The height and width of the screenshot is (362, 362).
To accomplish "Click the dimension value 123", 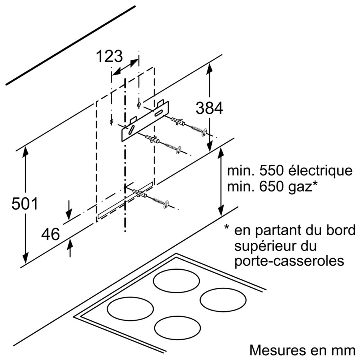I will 109,56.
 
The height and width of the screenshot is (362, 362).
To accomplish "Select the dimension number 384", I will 209,108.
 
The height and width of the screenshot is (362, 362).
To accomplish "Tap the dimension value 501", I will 25,204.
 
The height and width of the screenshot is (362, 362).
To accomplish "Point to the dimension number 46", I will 50,235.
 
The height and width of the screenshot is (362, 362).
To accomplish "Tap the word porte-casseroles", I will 289,261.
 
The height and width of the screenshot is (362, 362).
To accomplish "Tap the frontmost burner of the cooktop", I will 177,328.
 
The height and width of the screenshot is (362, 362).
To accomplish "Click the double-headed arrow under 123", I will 125,68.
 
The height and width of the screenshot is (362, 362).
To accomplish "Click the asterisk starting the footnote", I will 227,228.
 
